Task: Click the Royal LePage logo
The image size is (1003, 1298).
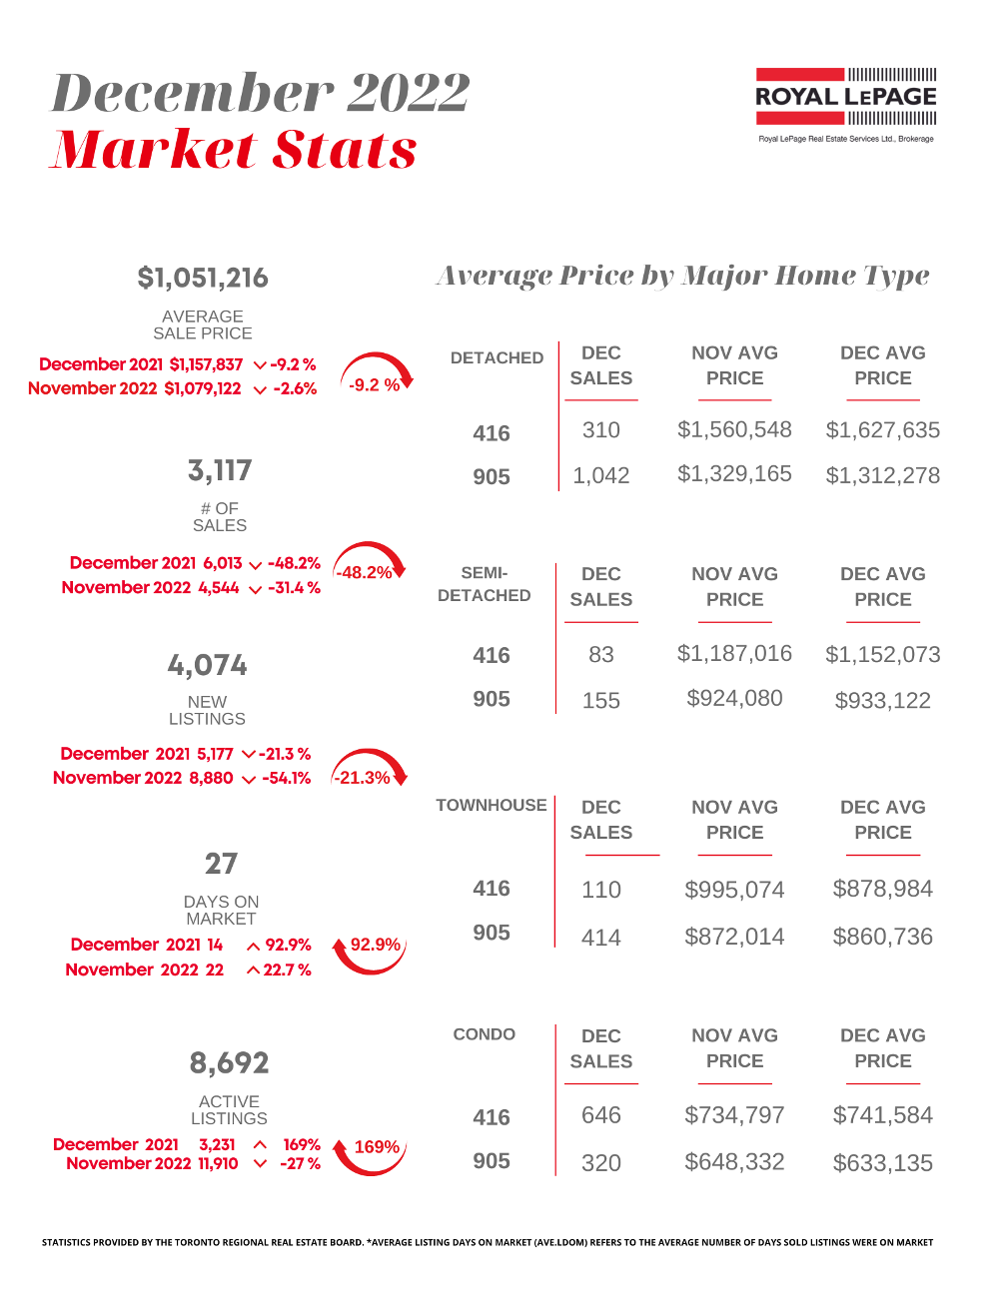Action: (x=845, y=98)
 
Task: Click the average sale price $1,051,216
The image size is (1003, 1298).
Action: (x=203, y=279)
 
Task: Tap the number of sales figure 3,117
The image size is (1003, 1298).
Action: (x=220, y=470)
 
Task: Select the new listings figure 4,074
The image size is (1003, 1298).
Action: (x=207, y=665)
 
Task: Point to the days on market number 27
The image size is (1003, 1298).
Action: (x=221, y=864)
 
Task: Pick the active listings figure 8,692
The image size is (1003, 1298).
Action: (x=229, y=1063)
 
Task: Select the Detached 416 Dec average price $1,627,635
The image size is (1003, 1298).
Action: (x=882, y=430)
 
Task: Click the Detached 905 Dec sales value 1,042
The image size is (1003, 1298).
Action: (x=600, y=476)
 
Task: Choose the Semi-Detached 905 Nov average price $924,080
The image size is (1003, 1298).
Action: (x=734, y=699)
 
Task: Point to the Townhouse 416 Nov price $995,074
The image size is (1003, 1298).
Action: (x=734, y=890)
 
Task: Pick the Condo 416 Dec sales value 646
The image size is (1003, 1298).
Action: (x=600, y=1115)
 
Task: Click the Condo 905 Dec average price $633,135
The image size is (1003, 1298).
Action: (x=882, y=1163)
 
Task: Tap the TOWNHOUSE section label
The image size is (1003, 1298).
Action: (x=491, y=806)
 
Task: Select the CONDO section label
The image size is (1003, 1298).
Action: (x=484, y=1034)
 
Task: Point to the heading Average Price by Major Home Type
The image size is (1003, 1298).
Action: (x=682, y=276)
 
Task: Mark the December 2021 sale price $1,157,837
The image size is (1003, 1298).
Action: (x=206, y=364)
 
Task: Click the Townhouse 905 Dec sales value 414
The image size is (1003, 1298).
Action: (x=600, y=938)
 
